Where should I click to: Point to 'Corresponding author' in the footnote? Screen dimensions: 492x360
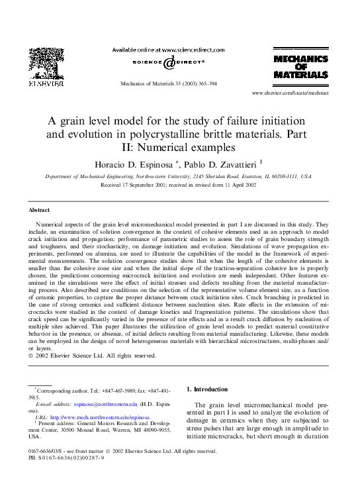click(65, 389)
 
